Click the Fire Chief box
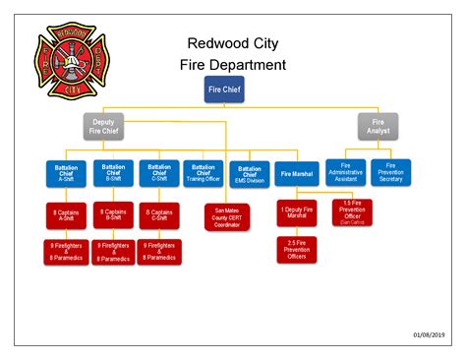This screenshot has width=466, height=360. (224, 90)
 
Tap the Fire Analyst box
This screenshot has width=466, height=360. (379, 126)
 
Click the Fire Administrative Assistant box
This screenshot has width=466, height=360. (346, 173)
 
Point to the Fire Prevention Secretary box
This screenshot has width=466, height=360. (392, 173)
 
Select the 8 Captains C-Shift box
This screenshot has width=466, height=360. (157, 215)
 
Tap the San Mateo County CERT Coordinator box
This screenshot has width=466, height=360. (226, 217)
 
